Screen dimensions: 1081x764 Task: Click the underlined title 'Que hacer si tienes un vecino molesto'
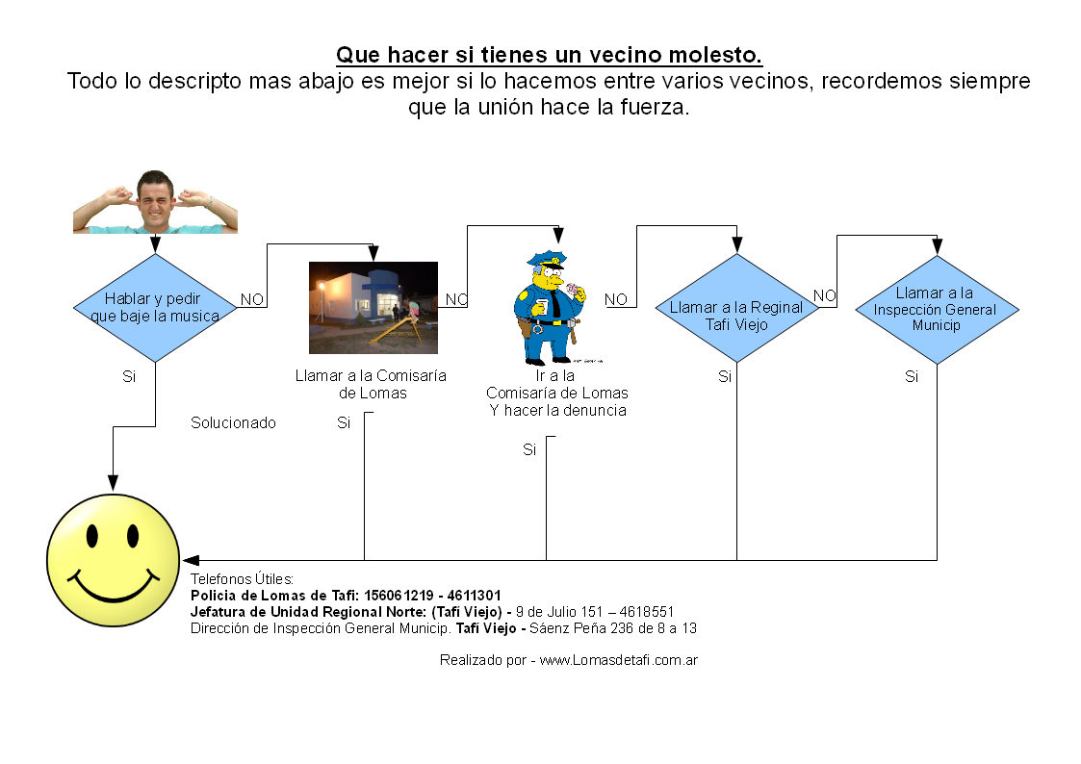[549, 55]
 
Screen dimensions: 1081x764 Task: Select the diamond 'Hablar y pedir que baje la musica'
[155, 308]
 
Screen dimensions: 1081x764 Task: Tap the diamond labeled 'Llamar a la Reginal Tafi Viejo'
[737, 308]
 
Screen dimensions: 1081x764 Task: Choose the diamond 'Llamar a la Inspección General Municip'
[937, 309]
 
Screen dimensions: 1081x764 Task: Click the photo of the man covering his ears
[155, 202]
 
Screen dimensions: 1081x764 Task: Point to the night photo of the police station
[373, 307]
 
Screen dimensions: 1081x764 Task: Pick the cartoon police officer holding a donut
[551, 307]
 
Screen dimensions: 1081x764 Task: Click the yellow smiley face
[113, 560]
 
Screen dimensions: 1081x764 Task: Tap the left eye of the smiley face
[91, 535]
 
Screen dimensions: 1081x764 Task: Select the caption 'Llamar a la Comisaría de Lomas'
[371, 385]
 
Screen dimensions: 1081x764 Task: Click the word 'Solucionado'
[233, 423]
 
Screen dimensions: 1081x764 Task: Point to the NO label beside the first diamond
[251, 299]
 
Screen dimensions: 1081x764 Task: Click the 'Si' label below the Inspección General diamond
[912, 377]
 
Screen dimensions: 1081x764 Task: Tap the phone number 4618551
[647, 612]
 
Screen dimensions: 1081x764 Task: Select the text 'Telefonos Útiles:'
[242, 579]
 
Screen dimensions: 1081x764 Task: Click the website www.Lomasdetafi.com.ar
[618, 660]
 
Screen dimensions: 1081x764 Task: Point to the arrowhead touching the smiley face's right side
[191, 560]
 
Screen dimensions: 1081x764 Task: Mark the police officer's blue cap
[548, 258]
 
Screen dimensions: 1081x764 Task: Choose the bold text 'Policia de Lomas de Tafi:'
[274, 596]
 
